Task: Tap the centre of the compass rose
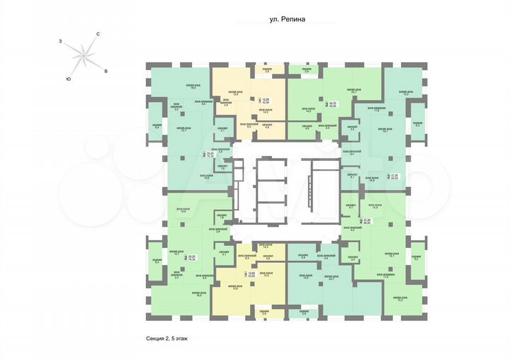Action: (x=84, y=55)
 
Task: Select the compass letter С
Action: (x=98, y=34)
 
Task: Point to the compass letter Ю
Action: (x=68, y=78)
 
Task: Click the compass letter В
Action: (x=106, y=71)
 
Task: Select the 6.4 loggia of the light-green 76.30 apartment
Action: (x=157, y=260)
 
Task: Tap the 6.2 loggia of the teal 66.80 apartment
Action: (x=417, y=125)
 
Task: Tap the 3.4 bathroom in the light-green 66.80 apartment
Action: (x=353, y=259)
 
